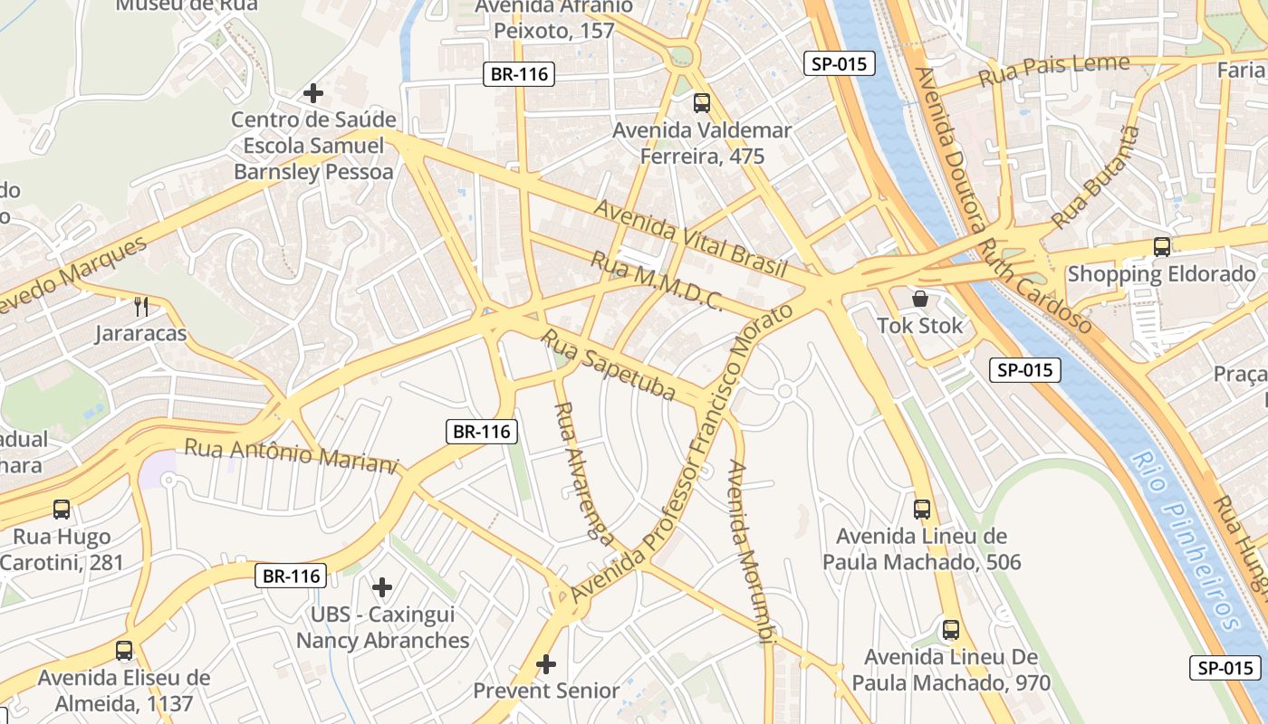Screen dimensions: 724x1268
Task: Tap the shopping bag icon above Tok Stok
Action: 920,298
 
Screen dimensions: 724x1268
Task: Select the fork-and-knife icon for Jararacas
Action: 140,306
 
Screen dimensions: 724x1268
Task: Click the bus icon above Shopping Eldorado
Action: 1161,246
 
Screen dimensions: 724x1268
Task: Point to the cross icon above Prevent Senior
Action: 545,664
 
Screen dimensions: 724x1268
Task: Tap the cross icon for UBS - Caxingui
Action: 382,587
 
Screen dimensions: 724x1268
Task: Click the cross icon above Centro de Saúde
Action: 313,92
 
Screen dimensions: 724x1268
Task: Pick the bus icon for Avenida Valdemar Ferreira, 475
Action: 702,103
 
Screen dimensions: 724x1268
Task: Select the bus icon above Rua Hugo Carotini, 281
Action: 62,510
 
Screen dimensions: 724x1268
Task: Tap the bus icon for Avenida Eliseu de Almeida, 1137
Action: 124,651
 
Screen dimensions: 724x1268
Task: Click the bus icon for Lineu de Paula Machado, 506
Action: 922,510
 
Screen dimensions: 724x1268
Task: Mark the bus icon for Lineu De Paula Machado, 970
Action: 951,630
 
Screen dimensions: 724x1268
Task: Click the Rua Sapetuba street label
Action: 609,365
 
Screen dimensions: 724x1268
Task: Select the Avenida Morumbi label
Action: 751,552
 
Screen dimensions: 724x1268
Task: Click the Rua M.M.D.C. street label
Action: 656,281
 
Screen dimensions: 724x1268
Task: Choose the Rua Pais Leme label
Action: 1055,70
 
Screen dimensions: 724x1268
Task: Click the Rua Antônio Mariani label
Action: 291,454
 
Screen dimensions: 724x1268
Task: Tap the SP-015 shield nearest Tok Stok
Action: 1024,369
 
